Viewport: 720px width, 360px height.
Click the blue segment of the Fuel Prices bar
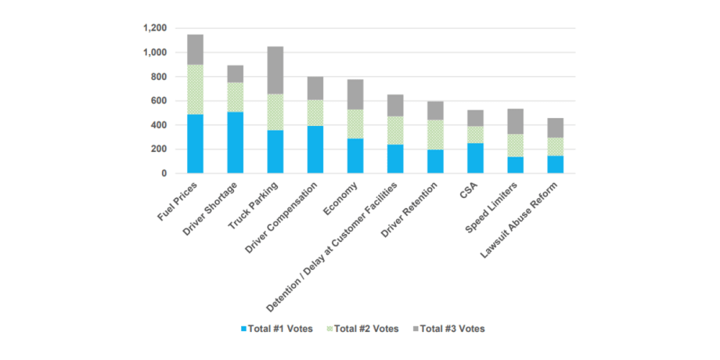(x=195, y=143)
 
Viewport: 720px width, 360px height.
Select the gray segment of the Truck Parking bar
(x=275, y=70)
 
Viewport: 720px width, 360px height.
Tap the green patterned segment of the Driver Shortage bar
(x=235, y=97)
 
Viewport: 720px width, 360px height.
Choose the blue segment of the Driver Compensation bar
(x=315, y=149)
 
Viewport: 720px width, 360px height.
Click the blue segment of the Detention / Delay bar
(x=394, y=159)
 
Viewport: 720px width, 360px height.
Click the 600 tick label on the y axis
(x=160, y=101)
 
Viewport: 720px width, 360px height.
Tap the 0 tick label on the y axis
(x=164, y=173)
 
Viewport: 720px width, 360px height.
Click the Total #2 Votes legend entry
(x=362, y=329)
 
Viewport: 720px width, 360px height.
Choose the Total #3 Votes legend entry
(x=448, y=329)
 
